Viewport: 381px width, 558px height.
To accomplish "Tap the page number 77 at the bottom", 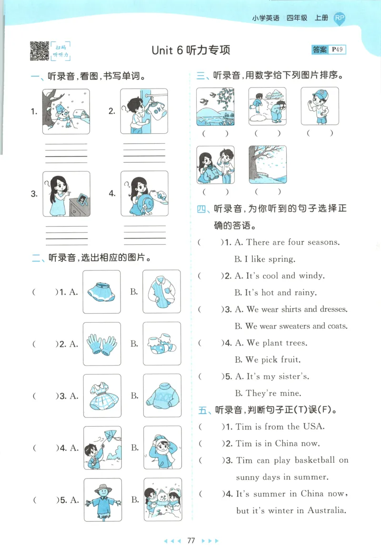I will [x=191, y=540].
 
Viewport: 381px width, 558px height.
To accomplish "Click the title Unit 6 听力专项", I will [x=190, y=50].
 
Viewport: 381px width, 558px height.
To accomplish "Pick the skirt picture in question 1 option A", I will [x=101, y=292].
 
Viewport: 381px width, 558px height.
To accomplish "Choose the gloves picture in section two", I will [x=101, y=344].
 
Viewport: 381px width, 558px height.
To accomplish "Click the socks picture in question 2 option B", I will [x=162, y=344].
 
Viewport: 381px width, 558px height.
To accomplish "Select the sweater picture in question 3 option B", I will [x=162, y=396].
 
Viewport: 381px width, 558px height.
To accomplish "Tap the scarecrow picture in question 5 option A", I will [x=102, y=499].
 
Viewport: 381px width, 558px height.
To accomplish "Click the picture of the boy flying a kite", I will [x=102, y=448].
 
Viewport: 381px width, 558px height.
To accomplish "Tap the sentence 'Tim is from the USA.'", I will [x=280, y=427].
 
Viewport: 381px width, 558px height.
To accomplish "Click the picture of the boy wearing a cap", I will [x=320, y=107].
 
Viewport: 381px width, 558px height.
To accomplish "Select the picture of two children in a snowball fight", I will [x=267, y=107].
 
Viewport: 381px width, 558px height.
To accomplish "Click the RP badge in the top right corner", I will [x=339, y=18].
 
